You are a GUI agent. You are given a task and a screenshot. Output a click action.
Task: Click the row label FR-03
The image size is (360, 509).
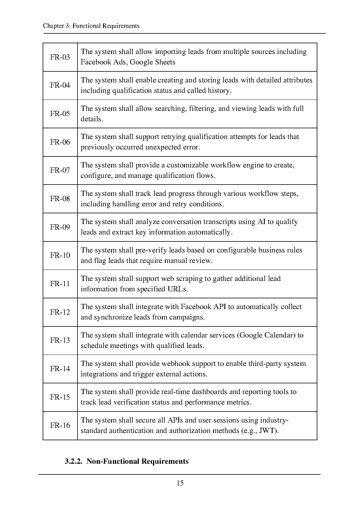(60, 57)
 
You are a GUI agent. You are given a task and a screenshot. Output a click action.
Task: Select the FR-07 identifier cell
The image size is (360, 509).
(60, 170)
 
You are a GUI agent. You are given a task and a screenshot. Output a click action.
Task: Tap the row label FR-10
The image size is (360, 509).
(60, 255)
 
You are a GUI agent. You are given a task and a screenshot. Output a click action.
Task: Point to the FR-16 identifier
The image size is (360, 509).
(60, 425)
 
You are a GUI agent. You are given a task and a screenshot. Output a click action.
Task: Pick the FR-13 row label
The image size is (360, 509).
(60, 340)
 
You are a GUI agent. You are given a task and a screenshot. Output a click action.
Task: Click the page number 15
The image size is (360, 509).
(180, 483)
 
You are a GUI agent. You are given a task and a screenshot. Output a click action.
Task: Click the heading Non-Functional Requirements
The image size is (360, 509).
(137, 461)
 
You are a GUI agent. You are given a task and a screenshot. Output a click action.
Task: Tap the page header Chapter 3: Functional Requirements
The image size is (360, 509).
(91, 26)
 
